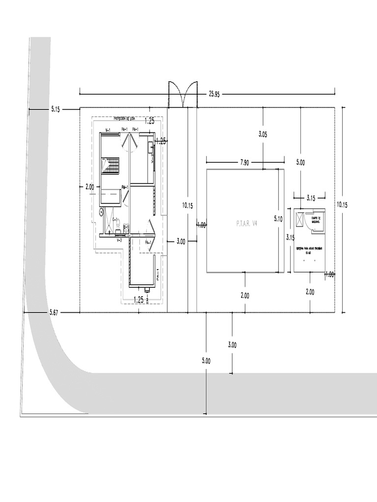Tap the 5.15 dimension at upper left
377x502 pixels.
coord(55,110)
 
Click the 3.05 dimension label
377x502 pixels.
coord(263,134)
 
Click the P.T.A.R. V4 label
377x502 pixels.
coord(246,224)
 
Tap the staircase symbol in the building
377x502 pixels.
coord(110,166)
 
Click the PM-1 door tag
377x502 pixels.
coord(125,187)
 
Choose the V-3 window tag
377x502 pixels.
coord(119,240)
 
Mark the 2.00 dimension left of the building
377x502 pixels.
coord(90,187)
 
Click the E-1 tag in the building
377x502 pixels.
coord(126,227)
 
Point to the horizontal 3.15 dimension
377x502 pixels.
coord(311,198)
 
